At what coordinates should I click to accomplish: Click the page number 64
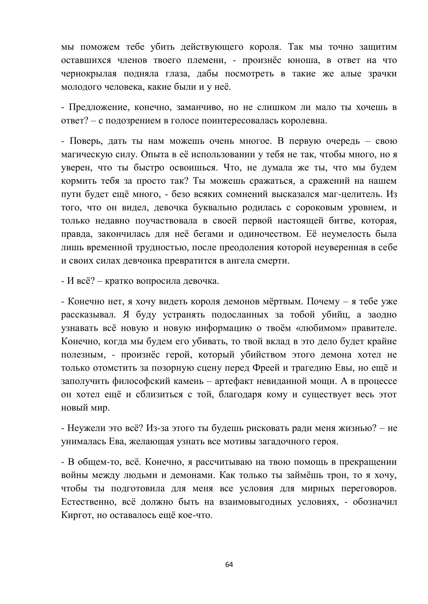(x=229, y=564)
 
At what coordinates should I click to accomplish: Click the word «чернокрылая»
(x=88, y=74)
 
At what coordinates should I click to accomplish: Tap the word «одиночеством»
(x=269, y=234)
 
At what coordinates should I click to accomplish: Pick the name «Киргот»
(x=77, y=515)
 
